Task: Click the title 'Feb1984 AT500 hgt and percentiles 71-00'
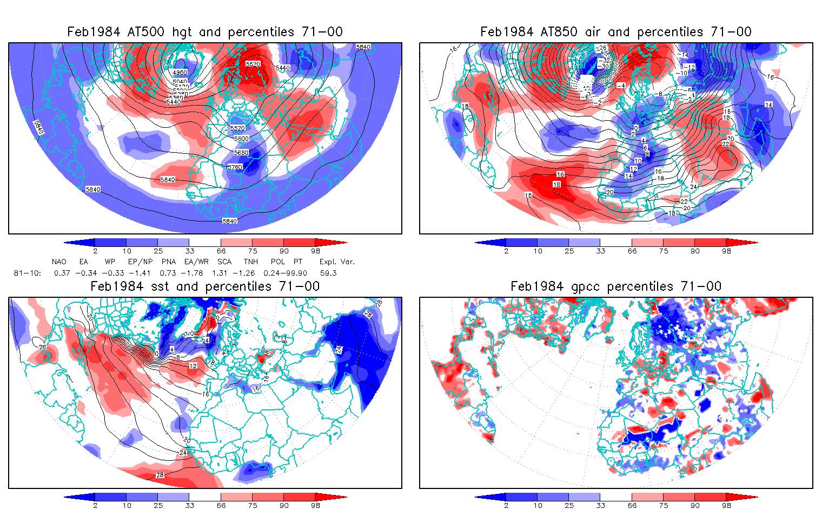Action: click(x=204, y=32)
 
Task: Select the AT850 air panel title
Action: click(x=615, y=32)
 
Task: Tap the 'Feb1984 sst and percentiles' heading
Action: click(x=204, y=286)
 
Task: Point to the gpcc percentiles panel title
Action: click(x=615, y=286)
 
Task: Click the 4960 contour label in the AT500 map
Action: click(x=180, y=73)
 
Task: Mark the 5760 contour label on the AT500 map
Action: click(x=235, y=167)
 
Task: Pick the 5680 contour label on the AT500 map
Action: click(x=241, y=153)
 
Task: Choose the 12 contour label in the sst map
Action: click(x=193, y=366)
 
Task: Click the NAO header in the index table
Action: click(x=59, y=262)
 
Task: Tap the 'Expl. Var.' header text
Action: click(x=337, y=262)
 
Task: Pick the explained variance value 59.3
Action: click(x=328, y=273)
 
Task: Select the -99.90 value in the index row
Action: click(x=295, y=273)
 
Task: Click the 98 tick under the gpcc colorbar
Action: click(x=726, y=505)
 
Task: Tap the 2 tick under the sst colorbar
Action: click(x=95, y=505)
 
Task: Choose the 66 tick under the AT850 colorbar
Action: click(x=632, y=251)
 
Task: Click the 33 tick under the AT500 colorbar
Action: click(x=189, y=251)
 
